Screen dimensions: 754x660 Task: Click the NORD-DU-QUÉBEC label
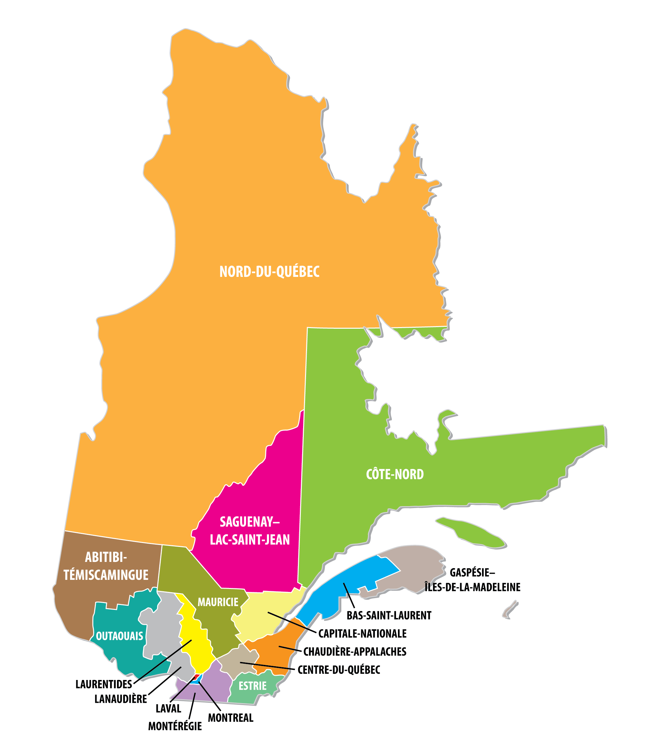(x=269, y=272)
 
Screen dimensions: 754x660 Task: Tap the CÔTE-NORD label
(x=395, y=474)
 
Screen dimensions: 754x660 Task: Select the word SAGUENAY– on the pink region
(x=249, y=522)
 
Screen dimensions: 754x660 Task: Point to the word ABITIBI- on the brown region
(x=106, y=557)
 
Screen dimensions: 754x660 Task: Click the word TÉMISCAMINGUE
(x=106, y=575)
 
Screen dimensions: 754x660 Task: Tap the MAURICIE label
(x=218, y=602)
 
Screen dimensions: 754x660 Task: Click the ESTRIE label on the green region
(x=252, y=686)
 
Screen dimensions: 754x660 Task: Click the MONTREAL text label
(x=230, y=718)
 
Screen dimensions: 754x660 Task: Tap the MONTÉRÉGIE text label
(x=175, y=726)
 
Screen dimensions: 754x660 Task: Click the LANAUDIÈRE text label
(x=121, y=699)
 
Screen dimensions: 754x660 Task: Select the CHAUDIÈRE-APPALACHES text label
(x=355, y=652)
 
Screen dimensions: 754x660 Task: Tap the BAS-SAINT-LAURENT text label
(x=389, y=615)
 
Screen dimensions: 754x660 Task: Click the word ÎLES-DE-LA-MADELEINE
(x=473, y=587)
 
